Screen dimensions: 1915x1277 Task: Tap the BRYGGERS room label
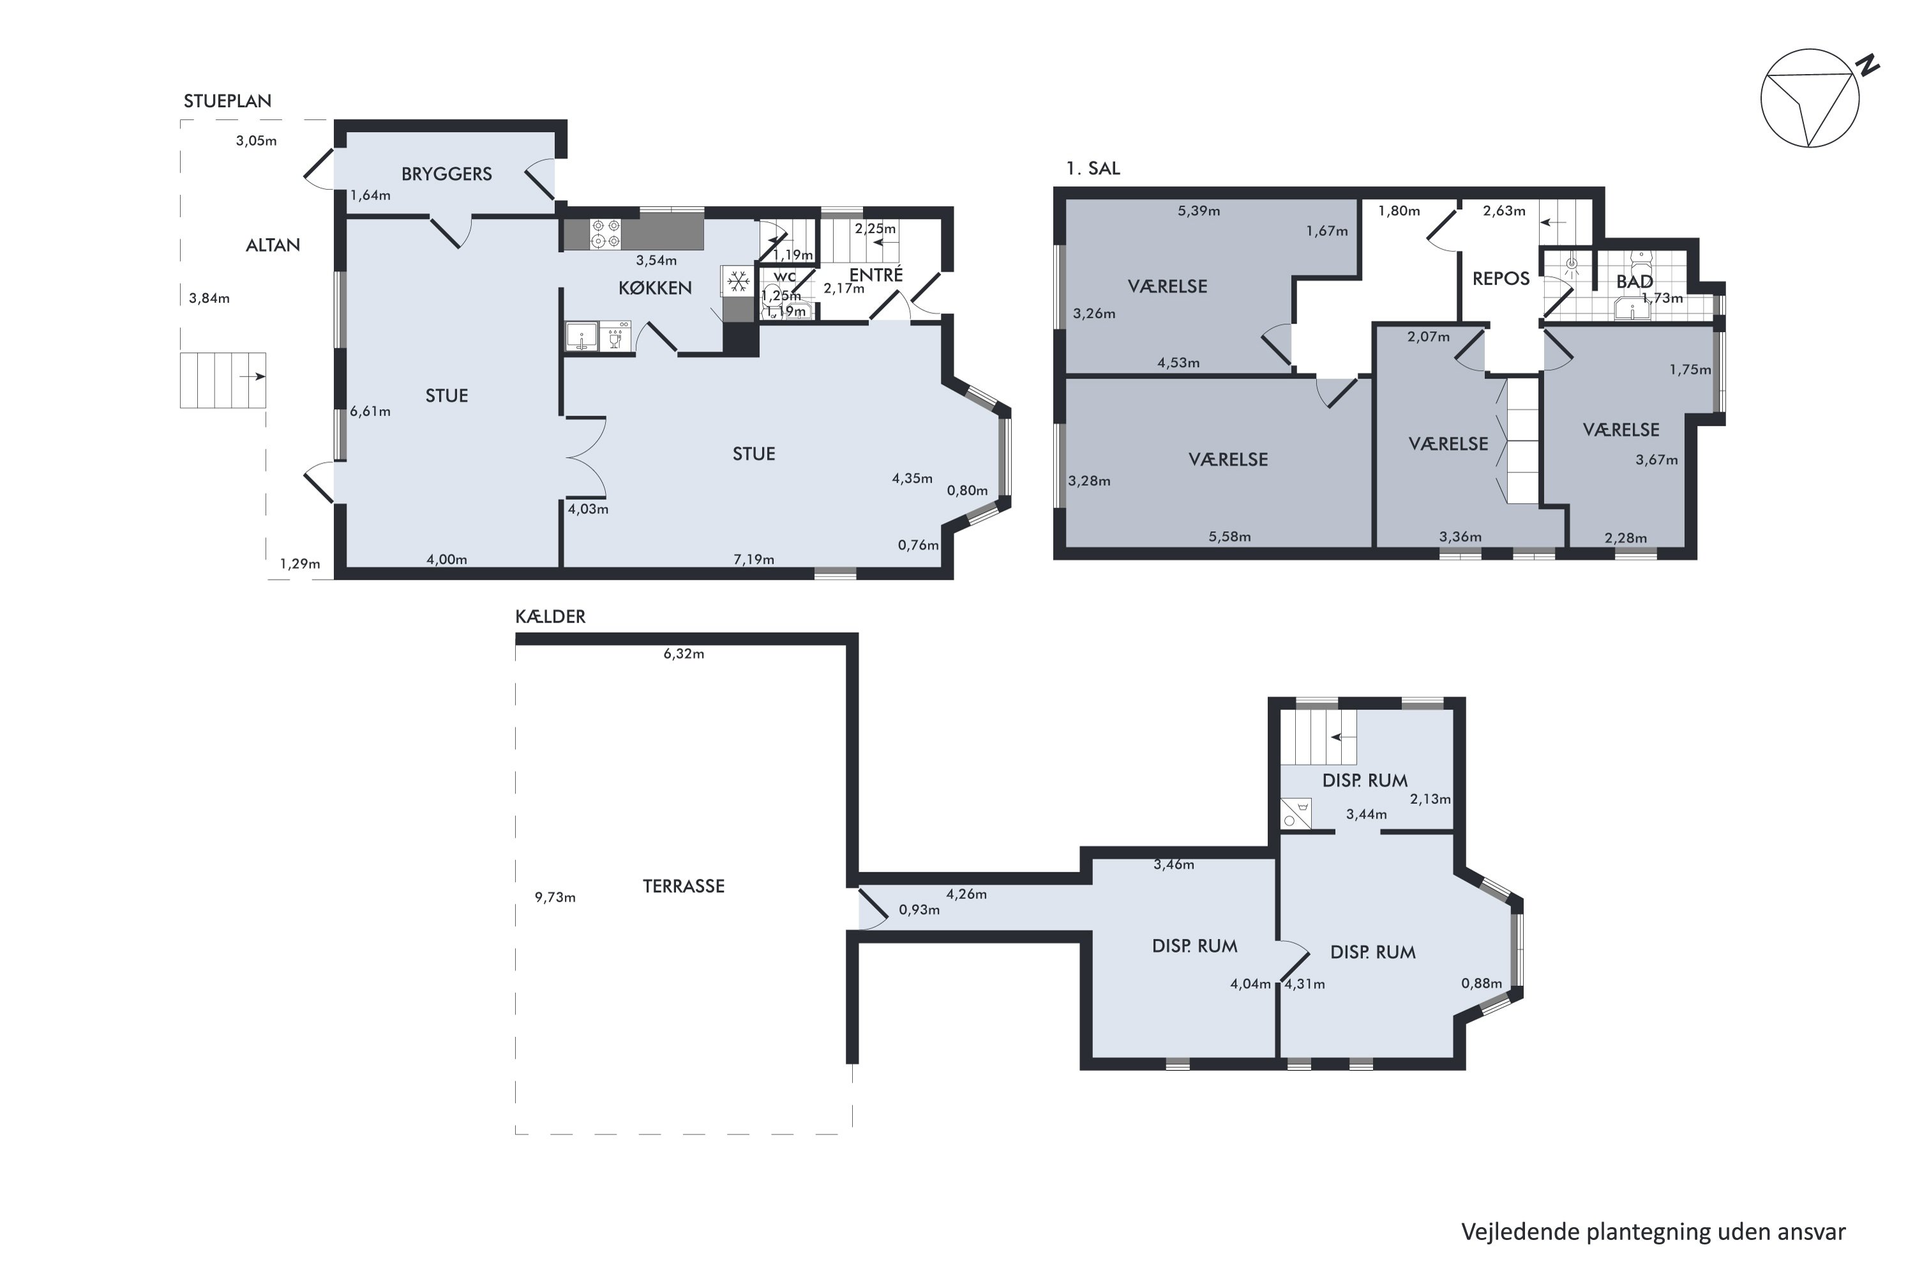[x=446, y=174]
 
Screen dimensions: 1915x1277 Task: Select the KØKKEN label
[x=655, y=287]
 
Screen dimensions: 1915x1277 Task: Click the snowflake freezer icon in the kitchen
[x=738, y=282]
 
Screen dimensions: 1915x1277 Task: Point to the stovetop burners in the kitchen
[x=606, y=233]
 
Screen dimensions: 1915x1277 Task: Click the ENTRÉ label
[x=876, y=275]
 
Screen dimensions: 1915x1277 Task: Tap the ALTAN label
[x=273, y=245]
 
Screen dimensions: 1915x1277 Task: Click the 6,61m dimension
[x=370, y=411]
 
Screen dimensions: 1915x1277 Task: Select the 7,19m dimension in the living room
[x=754, y=559]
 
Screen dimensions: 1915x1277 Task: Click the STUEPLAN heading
[x=227, y=101]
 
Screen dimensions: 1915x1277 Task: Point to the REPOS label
[x=1501, y=278]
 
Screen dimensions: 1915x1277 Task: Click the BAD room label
[x=1634, y=282]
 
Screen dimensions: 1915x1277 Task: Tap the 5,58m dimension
[x=1229, y=537]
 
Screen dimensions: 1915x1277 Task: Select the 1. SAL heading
[x=1093, y=169]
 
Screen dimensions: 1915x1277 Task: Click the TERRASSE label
[x=683, y=886]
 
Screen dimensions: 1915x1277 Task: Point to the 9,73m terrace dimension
[x=555, y=898]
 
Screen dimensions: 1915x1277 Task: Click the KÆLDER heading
[x=550, y=617]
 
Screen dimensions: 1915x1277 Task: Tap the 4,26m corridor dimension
[x=966, y=895]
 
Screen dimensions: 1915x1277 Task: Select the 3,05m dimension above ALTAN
[x=257, y=141]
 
